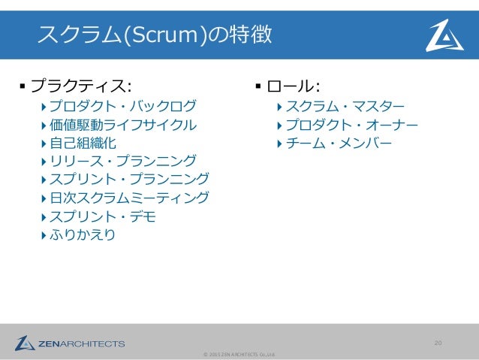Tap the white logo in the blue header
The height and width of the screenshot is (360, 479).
[444, 35]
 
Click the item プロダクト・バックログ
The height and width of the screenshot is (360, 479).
[123, 105]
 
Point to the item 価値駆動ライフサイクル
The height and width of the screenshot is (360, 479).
[123, 124]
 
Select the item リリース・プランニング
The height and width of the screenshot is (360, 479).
[123, 161]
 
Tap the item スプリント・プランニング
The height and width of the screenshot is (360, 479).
[130, 180]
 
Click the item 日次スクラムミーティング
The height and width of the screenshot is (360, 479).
[130, 198]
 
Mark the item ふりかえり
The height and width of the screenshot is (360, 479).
[83, 236]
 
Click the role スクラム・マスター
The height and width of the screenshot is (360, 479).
[345, 105]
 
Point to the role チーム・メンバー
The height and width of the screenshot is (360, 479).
[339, 143]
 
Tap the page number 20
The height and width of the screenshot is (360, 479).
[438, 343]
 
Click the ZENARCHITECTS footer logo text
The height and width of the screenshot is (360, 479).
[82, 344]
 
